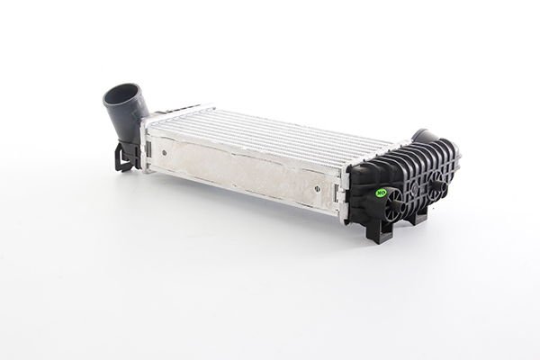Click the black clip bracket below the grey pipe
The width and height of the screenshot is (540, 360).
pos(124,157)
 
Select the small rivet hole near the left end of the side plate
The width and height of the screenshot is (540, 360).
pos(168,153)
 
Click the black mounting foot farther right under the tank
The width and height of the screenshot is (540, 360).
pos(416,216)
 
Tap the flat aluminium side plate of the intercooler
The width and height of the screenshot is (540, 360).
pos(243,171)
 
